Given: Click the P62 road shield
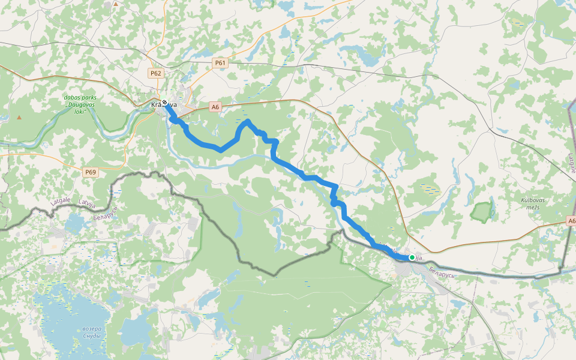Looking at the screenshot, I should pyautogui.click(x=156, y=73).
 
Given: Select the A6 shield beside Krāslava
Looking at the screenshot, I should pyautogui.click(x=215, y=107).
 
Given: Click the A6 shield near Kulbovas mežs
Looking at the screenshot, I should pyautogui.click(x=571, y=221).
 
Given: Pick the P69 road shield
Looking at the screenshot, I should pyautogui.click(x=90, y=172).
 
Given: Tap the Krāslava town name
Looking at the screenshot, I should pyautogui.click(x=164, y=105).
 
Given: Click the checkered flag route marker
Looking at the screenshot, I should pyautogui.click(x=164, y=102).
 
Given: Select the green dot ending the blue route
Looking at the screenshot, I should pyautogui.click(x=412, y=257).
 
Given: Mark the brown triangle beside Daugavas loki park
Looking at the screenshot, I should pyautogui.click(x=20, y=116).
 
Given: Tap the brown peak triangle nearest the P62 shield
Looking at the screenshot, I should pyautogui.click(x=115, y=4).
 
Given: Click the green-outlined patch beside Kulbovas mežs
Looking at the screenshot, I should pyautogui.click(x=482, y=212).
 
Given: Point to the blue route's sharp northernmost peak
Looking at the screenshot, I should pyautogui.click(x=247, y=121).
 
